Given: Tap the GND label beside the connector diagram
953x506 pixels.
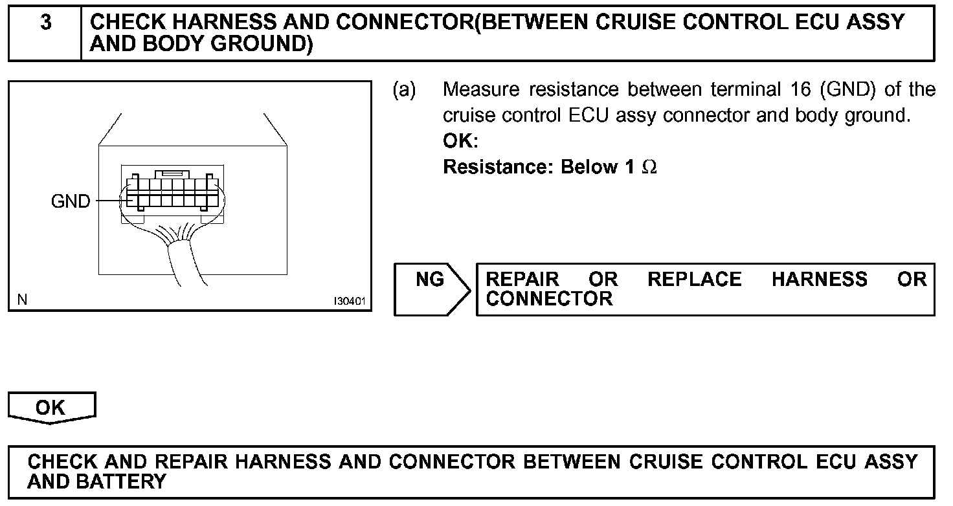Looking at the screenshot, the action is (x=71, y=202).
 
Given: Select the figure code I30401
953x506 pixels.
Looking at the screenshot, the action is (x=350, y=302).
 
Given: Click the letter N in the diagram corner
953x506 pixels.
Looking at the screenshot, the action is (x=23, y=300).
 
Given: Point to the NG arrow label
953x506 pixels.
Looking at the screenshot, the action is (x=430, y=280).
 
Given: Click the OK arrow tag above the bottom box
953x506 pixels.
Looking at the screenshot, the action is (x=50, y=408).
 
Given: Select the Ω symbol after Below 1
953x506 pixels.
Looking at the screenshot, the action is (x=649, y=168).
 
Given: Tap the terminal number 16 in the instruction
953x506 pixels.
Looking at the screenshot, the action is (x=800, y=89).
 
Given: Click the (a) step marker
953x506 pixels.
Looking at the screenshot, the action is (x=405, y=89).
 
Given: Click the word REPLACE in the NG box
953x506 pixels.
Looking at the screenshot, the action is (x=694, y=280).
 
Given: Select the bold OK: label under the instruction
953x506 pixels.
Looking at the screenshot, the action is (x=460, y=141).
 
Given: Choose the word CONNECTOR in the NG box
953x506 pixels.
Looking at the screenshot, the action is (x=549, y=299).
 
